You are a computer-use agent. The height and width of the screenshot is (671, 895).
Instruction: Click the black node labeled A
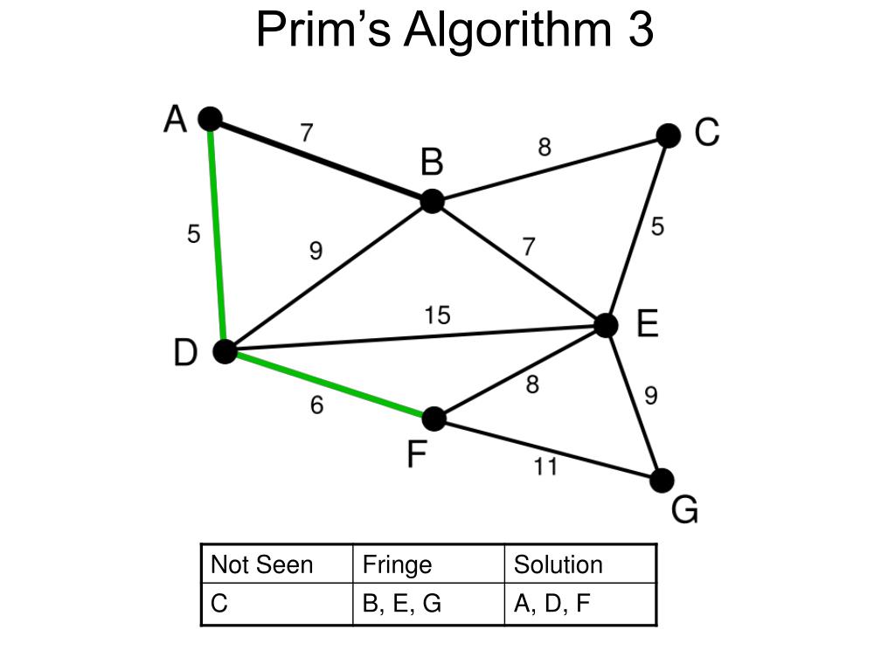click(x=210, y=119)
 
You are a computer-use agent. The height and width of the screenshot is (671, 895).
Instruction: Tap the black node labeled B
click(x=432, y=201)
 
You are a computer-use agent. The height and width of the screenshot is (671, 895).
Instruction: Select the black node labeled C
click(x=668, y=135)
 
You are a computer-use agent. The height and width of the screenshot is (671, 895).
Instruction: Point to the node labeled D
click(x=225, y=351)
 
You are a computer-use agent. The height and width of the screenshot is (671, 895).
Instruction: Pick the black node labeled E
click(x=606, y=325)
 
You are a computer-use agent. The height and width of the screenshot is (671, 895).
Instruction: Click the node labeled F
click(x=434, y=419)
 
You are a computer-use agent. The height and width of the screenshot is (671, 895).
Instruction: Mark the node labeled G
click(x=662, y=480)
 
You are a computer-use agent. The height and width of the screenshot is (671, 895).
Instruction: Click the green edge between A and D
click(x=218, y=236)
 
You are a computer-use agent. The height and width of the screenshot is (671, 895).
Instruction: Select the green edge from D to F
click(x=329, y=385)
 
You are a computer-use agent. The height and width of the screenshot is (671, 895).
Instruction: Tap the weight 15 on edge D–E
click(x=437, y=315)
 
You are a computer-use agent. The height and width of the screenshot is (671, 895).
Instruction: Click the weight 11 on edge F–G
click(x=545, y=467)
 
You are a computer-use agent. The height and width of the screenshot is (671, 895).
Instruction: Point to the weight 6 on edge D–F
click(x=316, y=405)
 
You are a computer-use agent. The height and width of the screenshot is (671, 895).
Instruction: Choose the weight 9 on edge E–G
click(x=651, y=396)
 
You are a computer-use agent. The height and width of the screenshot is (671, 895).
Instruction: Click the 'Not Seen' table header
click(x=261, y=564)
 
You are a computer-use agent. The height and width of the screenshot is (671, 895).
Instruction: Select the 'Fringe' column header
click(x=397, y=564)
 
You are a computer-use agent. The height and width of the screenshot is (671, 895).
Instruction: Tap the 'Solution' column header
click(x=558, y=564)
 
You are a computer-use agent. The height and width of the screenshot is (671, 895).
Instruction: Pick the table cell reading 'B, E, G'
click(x=401, y=604)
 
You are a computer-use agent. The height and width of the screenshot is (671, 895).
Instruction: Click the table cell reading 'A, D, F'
click(x=552, y=604)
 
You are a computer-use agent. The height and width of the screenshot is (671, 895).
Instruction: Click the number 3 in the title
click(x=639, y=31)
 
